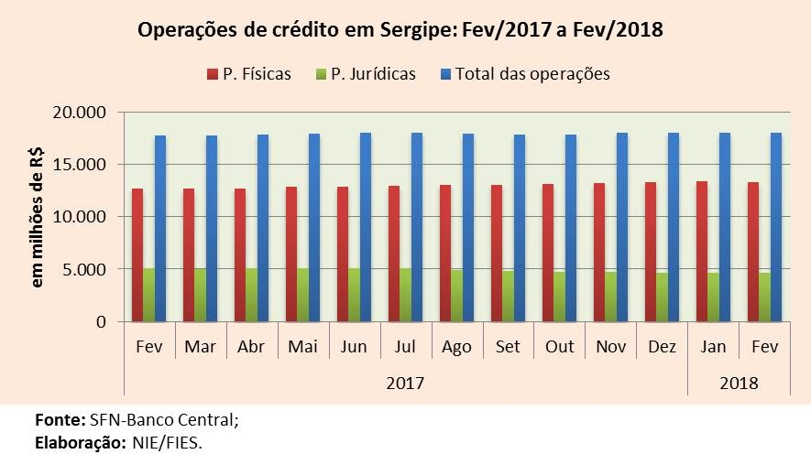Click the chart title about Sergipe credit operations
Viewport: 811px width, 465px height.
400,29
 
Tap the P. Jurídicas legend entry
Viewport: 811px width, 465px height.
364,74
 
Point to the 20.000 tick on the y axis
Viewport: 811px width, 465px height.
81,113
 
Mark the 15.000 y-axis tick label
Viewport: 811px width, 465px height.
81,165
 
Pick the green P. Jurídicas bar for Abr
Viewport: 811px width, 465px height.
251,295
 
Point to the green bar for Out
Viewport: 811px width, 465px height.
559,297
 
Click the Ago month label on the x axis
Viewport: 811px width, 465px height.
456,347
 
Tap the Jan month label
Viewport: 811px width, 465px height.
713,347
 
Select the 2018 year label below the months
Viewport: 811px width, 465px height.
739,383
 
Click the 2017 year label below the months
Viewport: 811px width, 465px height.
405,383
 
